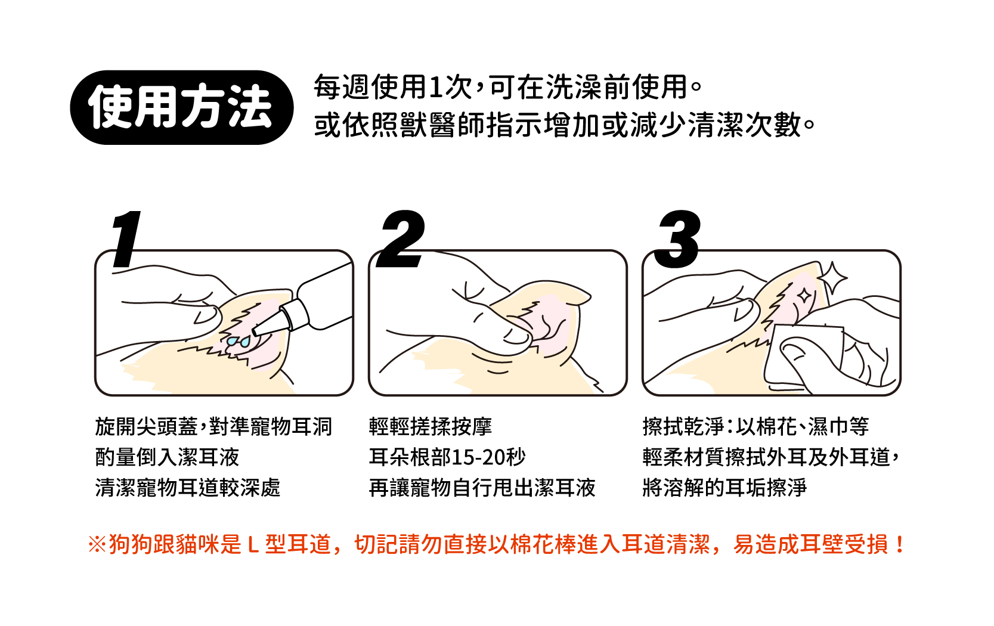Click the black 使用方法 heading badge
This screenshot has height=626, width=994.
click(x=181, y=107)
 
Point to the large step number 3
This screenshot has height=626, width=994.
click(x=678, y=240)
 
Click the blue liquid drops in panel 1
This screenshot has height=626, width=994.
click(x=239, y=341)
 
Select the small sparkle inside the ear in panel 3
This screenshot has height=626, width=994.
click(x=804, y=296)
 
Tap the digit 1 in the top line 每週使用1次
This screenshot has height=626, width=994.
click(x=436, y=88)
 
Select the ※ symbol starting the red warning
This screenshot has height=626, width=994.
click(x=97, y=545)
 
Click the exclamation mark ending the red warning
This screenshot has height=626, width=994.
click(x=899, y=545)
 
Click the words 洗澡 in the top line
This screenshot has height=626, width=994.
click(x=574, y=88)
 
